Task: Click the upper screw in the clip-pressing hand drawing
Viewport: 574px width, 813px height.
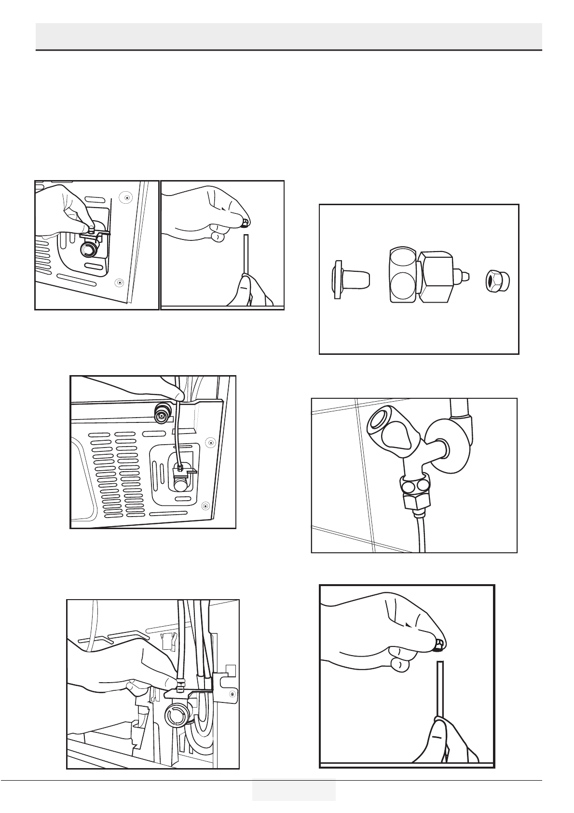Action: click(x=126, y=197)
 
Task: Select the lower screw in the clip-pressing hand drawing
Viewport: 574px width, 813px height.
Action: click(x=119, y=281)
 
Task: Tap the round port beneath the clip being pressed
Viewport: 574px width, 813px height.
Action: click(x=89, y=249)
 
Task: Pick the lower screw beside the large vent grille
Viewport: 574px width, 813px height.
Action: click(x=205, y=505)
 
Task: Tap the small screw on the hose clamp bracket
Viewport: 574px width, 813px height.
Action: click(x=232, y=694)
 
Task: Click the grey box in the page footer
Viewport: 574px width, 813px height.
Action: click(x=293, y=790)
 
